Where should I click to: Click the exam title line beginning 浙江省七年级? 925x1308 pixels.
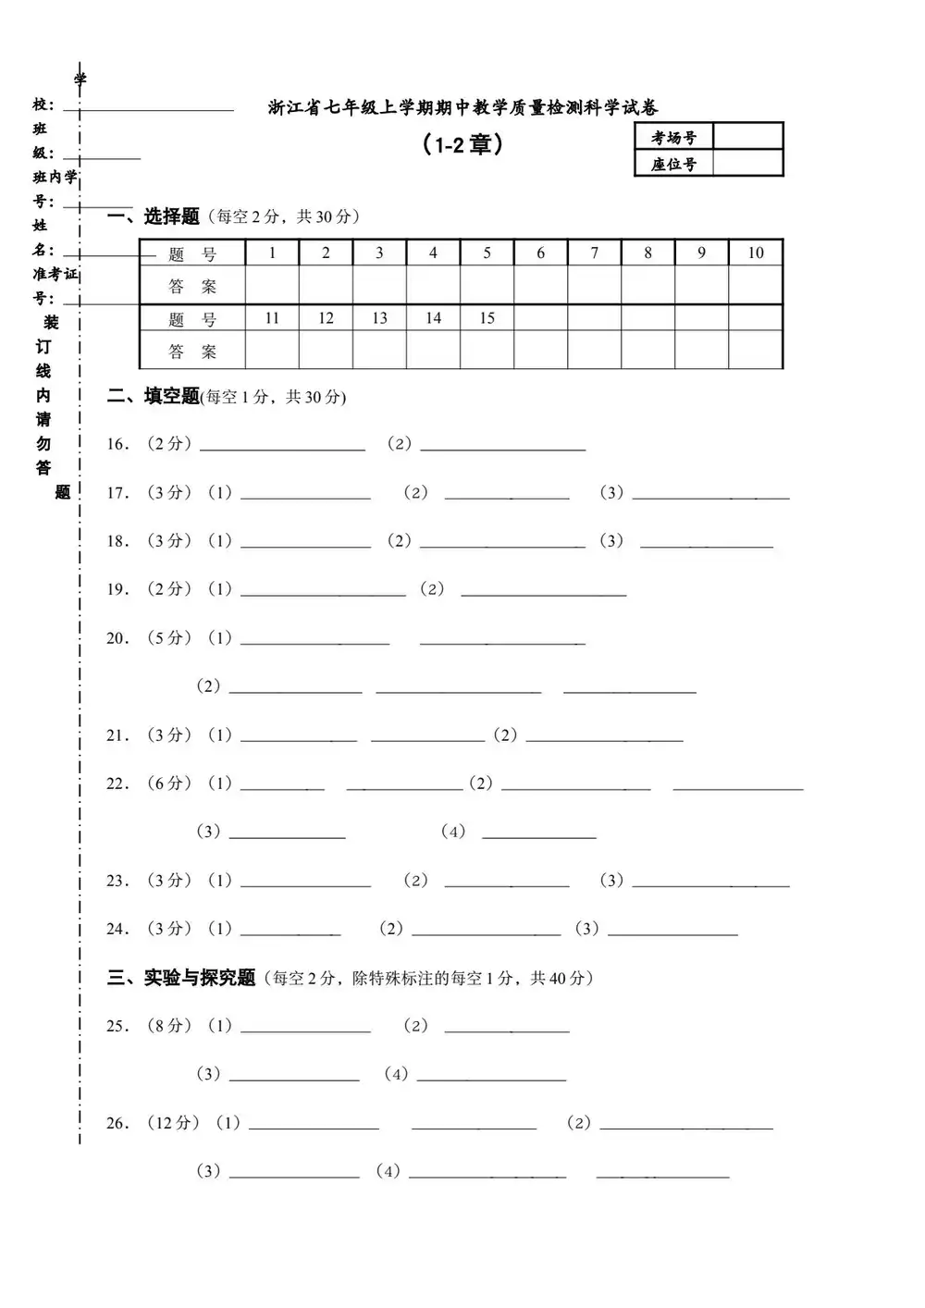(x=462, y=108)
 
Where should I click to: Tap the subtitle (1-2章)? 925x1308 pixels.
(x=462, y=145)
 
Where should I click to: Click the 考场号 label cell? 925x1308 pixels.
(x=673, y=138)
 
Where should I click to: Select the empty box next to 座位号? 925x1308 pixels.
(x=747, y=164)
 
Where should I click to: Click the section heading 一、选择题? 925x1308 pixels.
(x=154, y=216)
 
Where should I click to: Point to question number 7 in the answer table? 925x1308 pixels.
(x=595, y=253)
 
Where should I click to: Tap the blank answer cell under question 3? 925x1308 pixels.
(x=379, y=286)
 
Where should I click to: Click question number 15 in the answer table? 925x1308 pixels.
(x=487, y=318)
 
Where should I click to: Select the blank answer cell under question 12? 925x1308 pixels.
(x=326, y=351)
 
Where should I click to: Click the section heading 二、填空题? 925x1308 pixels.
(x=154, y=397)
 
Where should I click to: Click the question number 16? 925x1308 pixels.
(x=117, y=444)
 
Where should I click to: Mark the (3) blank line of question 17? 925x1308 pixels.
(x=710, y=497)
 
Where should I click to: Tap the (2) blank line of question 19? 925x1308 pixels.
(x=543, y=593)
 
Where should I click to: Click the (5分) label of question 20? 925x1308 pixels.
(x=169, y=637)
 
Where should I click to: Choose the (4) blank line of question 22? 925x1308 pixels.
(x=538, y=836)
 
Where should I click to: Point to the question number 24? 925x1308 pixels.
(x=117, y=929)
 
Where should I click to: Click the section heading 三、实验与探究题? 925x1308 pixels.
(x=181, y=978)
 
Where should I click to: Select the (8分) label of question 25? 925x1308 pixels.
(x=169, y=1025)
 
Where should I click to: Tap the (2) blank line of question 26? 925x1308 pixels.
(x=685, y=1127)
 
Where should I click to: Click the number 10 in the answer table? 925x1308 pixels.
(x=756, y=253)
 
